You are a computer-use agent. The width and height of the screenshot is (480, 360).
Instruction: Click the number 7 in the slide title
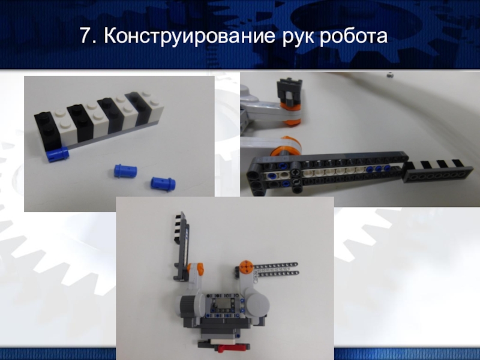pyautogui.click(x=85, y=35)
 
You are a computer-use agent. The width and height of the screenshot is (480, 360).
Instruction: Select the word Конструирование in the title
pyautogui.click(x=189, y=36)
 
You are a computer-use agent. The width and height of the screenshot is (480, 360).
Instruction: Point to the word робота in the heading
pyautogui.click(x=353, y=36)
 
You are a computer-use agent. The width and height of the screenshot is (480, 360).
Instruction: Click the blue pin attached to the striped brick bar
pyautogui.click(x=58, y=154)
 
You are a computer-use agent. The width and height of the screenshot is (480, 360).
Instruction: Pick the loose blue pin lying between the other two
pyautogui.click(x=125, y=171)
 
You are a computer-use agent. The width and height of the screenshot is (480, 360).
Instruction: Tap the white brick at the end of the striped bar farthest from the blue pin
pyautogui.click(x=152, y=106)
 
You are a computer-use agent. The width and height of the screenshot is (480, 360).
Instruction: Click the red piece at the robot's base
pyautogui.click(x=232, y=348)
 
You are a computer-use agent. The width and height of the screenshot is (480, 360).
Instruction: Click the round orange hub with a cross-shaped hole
pyautogui.click(x=245, y=266)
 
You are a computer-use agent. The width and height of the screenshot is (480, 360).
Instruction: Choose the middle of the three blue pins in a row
pyautogui.click(x=379, y=169)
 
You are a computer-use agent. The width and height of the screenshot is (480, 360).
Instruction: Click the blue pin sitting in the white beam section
pyautogui.click(x=271, y=176)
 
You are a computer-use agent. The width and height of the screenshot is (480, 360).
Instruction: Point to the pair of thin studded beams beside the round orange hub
pyautogui.click(x=275, y=269)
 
